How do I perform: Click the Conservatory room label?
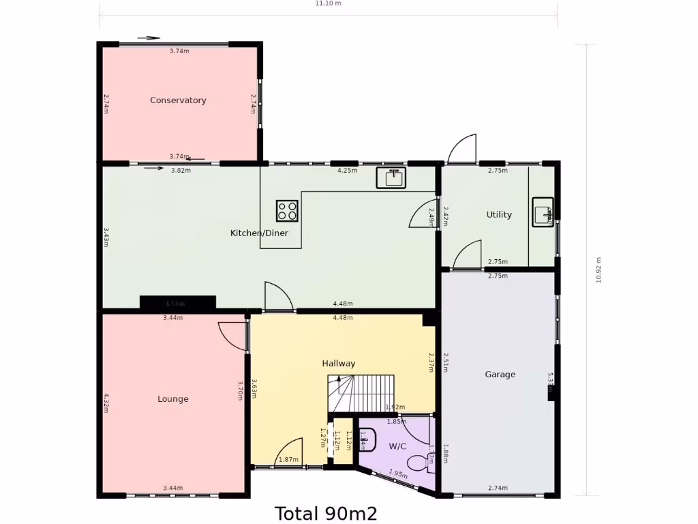pos(178,100)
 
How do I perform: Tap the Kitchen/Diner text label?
pos(259,233)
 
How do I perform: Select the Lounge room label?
pos(173,399)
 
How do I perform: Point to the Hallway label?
pos(339,364)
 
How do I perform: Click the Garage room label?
pos(500,375)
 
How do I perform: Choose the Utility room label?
pos(499,215)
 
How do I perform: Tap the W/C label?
pos(397,447)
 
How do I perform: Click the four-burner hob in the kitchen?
pos(287,211)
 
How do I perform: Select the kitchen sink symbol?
pos(391,177)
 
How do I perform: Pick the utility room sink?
pos(543,212)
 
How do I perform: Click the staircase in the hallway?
pos(361,394)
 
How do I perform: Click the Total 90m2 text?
pos(326,513)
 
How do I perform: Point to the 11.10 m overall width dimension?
pos(328,3)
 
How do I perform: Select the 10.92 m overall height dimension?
pos(598,270)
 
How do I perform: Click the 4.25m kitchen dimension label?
pos(347,171)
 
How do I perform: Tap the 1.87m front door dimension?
pos(288,460)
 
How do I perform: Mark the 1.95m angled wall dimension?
pos(398,474)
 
